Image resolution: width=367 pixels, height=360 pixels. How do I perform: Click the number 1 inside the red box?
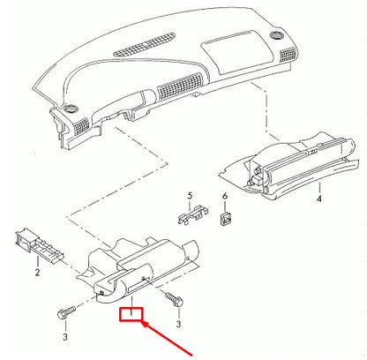[131, 312]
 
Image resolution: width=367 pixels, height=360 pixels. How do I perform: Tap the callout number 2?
[36, 274]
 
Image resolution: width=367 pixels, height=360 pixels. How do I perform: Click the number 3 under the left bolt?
[64, 336]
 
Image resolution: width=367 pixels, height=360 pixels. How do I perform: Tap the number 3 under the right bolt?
[179, 325]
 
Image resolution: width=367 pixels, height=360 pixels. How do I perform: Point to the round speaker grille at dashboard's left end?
[69, 111]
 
